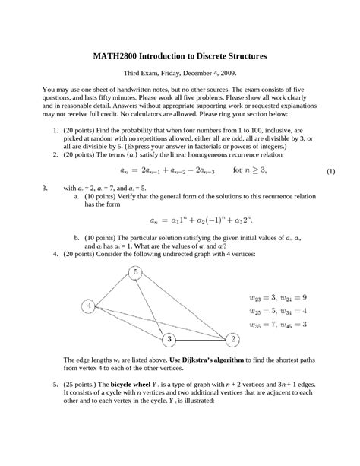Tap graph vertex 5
(x=135, y=272)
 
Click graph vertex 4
(x=89, y=306)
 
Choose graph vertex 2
(x=234, y=338)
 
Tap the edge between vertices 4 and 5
(x=112, y=289)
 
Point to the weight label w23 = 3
(x=268, y=297)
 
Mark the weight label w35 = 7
(x=268, y=325)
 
